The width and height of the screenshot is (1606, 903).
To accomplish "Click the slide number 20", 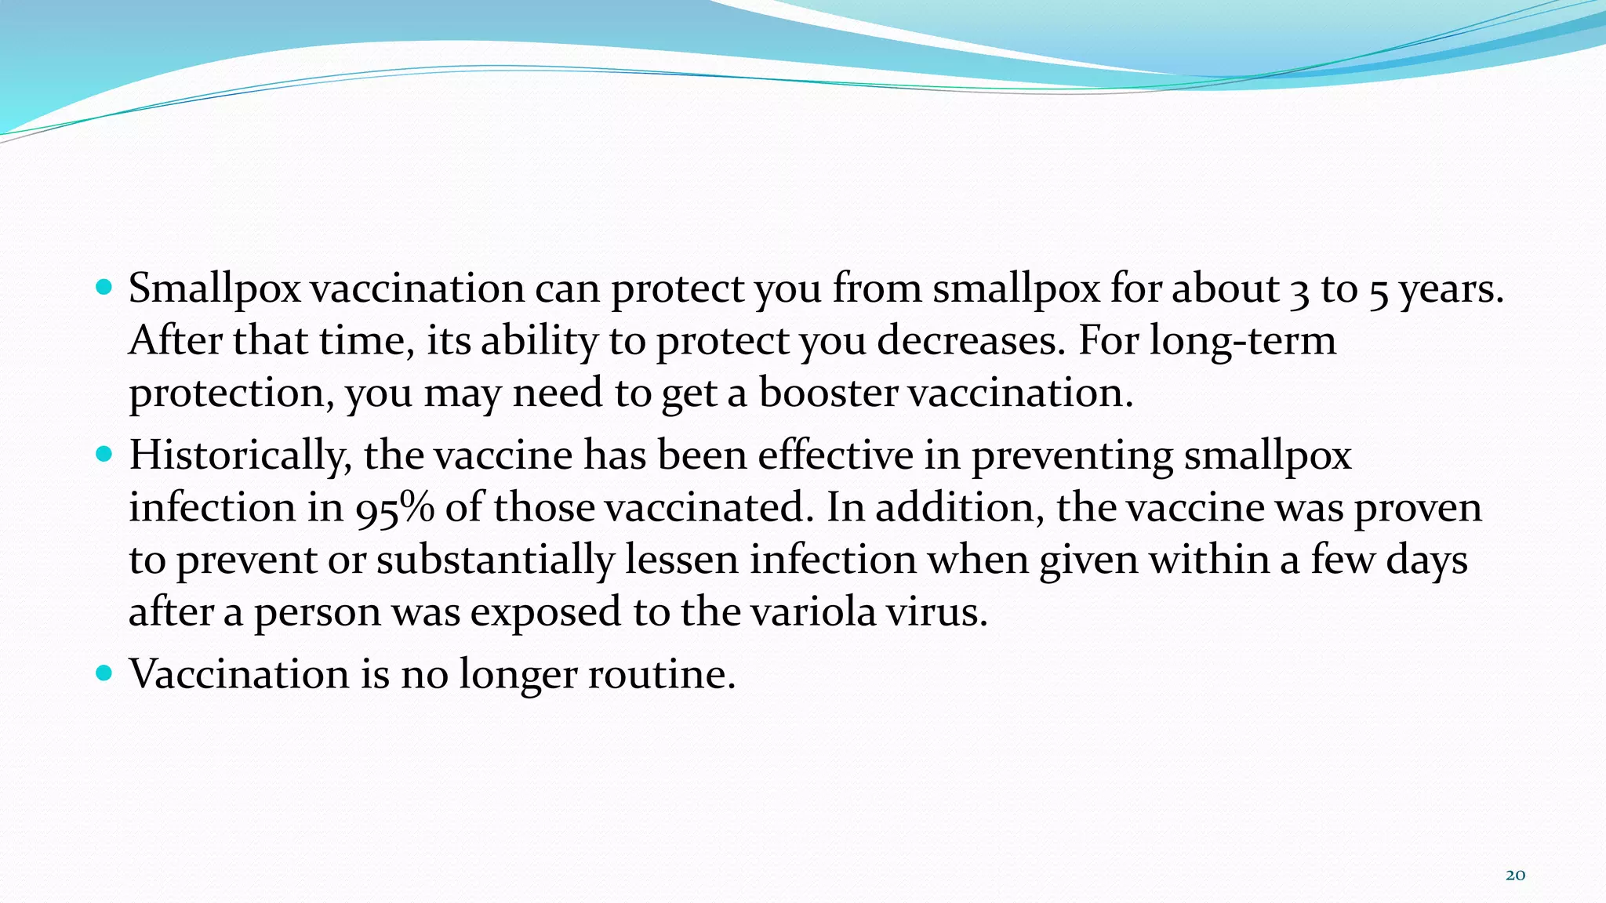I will click(x=1515, y=876).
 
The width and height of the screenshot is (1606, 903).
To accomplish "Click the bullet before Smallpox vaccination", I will click(x=104, y=287).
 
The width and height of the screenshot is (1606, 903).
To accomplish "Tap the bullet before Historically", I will click(x=104, y=453).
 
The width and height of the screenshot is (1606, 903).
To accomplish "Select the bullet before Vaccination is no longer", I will click(x=104, y=673).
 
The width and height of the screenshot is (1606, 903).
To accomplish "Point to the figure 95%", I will click(x=394, y=508).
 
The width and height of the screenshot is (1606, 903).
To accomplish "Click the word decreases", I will click(x=971, y=340).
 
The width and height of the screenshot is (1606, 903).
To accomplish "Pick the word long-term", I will click(x=1242, y=340).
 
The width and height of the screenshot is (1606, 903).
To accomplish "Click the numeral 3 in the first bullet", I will click(x=1299, y=290).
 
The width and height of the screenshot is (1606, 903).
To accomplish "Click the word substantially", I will click(x=496, y=560).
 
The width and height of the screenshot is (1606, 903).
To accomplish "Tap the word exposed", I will click(x=545, y=611).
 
